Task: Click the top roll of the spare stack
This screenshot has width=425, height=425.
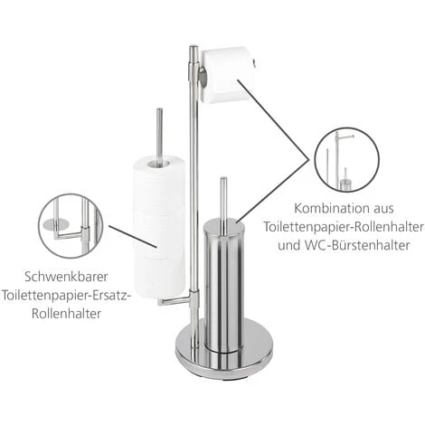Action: (x=159, y=180)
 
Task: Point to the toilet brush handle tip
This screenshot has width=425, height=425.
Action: (x=222, y=182)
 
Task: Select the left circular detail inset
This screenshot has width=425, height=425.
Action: (x=71, y=225)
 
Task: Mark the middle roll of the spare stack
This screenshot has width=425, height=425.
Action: (x=159, y=228)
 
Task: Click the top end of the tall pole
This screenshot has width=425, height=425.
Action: (x=193, y=49)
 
